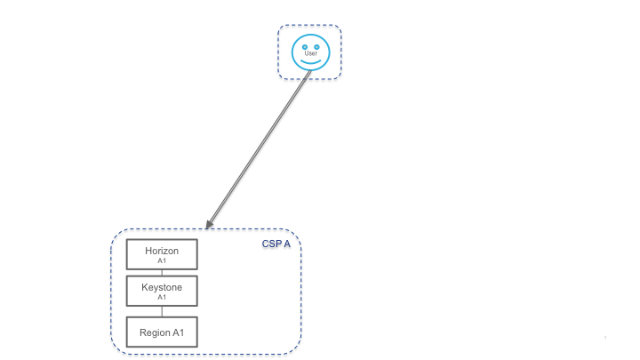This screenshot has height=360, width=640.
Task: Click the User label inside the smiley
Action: pyautogui.click(x=310, y=53)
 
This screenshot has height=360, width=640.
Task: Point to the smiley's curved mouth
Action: pyautogui.click(x=310, y=61)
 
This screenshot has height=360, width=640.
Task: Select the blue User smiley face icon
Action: pyautogui.click(x=310, y=52)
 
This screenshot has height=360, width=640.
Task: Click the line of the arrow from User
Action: pyautogui.click(x=258, y=148)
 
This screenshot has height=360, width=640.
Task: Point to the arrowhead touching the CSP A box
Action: pyautogui.click(x=209, y=224)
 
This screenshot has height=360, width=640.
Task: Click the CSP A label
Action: pyautogui.click(x=276, y=243)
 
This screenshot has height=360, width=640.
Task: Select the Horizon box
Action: pyautogui.click(x=162, y=254)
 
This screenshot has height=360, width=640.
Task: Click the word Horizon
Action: pyautogui.click(x=162, y=251)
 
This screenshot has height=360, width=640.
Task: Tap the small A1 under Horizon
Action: pyautogui.click(x=162, y=261)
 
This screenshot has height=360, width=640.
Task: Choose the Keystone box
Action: pyautogui.click(x=162, y=291)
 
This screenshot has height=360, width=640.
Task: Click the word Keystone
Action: pyautogui.click(x=162, y=287)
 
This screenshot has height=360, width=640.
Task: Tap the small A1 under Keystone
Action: pyautogui.click(x=162, y=298)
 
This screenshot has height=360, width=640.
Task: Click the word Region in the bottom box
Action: pyautogui.click(x=155, y=332)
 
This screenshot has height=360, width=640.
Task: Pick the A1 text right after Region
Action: pyautogui.click(x=178, y=332)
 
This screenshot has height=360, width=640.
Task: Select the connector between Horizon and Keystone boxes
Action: pyautogui.click(x=162, y=272)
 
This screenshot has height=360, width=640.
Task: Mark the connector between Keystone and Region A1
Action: pyautogui.click(x=162, y=311)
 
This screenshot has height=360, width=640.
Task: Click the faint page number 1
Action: pyautogui.click(x=604, y=338)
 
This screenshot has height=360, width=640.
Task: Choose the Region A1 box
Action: pyautogui.click(x=162, y=332)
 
